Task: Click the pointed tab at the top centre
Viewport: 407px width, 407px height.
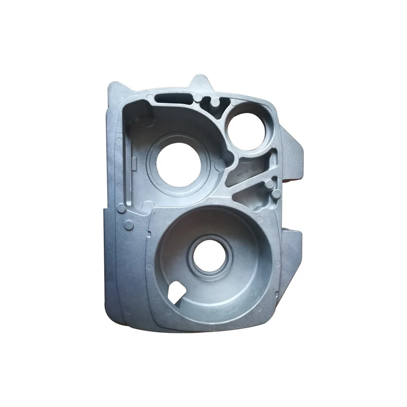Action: [200, 82]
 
